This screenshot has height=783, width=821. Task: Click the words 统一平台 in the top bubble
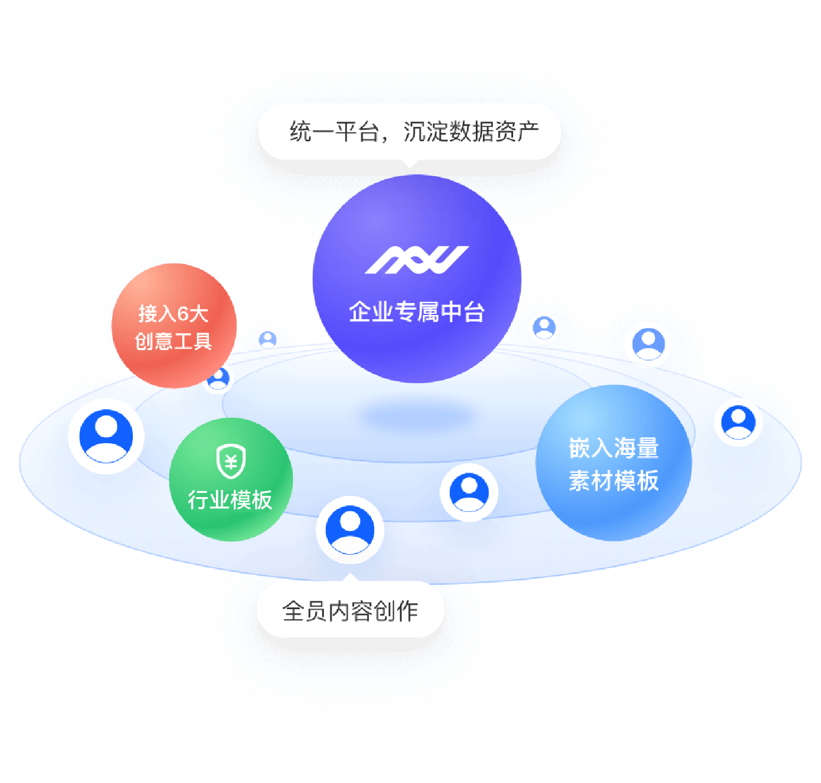[333, 132]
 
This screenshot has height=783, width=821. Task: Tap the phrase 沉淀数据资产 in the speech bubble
[471, 132]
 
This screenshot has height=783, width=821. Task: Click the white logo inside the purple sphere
[416, 260]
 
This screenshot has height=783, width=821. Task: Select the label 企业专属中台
[416, 311]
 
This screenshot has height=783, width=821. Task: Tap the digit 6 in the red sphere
[183, 313]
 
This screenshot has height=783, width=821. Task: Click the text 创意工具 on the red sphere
[173, 342]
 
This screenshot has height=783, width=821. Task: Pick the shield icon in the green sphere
[231, 461]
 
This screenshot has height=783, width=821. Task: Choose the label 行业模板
[230, 499]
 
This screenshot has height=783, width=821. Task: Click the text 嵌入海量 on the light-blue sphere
[614, 448]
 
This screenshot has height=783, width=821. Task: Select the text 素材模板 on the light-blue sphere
[614, 480]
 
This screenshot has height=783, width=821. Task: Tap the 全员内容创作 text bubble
[350, 611]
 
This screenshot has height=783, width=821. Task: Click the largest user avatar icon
[106, 436]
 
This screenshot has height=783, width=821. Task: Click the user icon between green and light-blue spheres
[469, 492]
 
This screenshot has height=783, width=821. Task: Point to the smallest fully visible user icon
[268, 340]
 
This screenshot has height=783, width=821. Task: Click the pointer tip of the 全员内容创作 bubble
[351, 575]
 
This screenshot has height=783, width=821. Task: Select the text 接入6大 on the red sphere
[173, 313]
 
